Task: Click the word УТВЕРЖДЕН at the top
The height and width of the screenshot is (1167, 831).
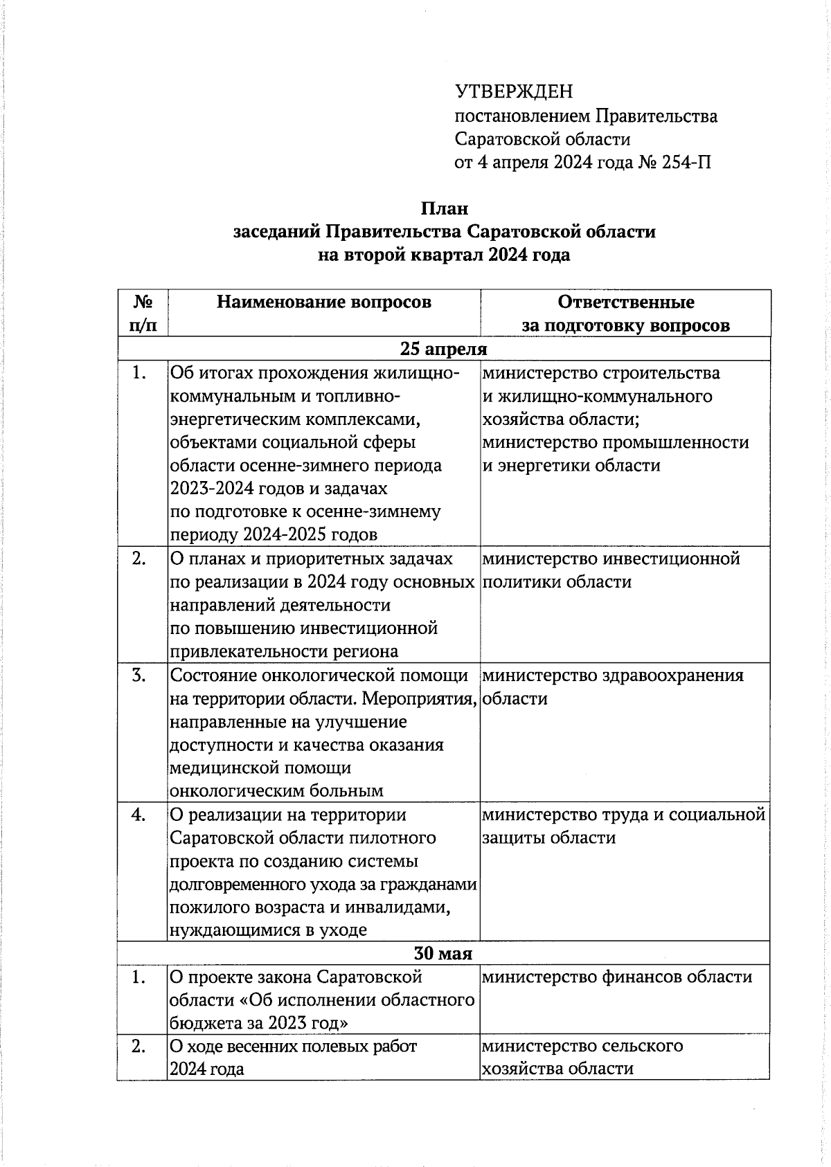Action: [x=514, y=91]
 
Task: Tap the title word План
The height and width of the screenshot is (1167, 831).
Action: [x=445, y=208]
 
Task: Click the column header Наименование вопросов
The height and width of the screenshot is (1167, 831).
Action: [x=323, y=302]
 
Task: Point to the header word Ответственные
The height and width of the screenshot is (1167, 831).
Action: [x=625, y=302]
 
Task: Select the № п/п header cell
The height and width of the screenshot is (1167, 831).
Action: [x=143, y=313]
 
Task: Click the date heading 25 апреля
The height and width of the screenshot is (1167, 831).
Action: [x=444, y=349]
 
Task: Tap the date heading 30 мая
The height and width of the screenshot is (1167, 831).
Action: [x=443, y=954]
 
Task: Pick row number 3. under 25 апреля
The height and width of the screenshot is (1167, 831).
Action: [x=139, y=676]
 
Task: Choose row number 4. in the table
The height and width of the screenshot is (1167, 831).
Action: [x=139, y=815]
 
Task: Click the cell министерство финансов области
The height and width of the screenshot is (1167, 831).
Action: [x=616, y=977]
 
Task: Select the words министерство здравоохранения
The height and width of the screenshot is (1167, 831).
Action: [x=612, y=676]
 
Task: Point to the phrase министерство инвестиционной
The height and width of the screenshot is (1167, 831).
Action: [x=611, y=559]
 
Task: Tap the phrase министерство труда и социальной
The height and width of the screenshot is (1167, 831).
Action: [x=623, y=815]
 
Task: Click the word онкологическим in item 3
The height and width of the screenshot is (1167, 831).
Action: [x=229, y=791]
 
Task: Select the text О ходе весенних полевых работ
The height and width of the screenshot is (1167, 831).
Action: [x=294, y=1047]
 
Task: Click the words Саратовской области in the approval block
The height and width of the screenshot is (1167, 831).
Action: [x=542, y=139]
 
